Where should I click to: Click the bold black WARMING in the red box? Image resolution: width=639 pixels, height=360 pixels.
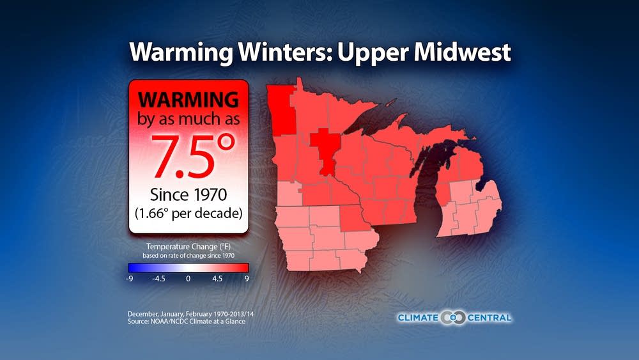click(189, 100)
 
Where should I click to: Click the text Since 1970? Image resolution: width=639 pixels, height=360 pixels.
click(189, 195)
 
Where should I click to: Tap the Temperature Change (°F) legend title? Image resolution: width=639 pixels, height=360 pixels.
click(188, 247)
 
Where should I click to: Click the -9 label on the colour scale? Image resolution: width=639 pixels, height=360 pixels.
click(130, 279)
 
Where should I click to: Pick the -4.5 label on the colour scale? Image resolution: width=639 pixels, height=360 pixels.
click(157, 279)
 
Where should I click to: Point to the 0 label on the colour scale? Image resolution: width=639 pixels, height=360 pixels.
click(188, 279)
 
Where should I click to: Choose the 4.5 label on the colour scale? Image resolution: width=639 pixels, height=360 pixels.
click(217, 279)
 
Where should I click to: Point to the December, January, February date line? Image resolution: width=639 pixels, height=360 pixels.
click(194, 314)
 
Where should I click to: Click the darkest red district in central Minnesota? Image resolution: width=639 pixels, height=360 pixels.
click(327, 151)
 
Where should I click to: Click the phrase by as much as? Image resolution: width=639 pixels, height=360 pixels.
click(189, 119)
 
